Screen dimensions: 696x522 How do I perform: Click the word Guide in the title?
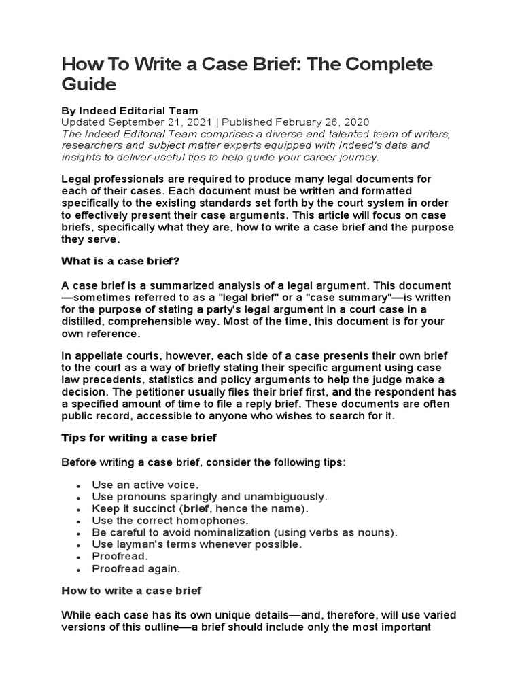click(89, 85)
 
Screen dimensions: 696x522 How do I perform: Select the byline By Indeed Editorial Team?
click(130, 111)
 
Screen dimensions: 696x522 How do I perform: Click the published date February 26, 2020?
click(315, 122)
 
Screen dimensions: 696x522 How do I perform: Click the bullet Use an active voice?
click(145, 485)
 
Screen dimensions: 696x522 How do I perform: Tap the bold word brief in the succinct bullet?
click(196, 508)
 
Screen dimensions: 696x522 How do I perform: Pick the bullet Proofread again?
click(137, 569)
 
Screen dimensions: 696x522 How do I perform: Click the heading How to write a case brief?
click(131, 591)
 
